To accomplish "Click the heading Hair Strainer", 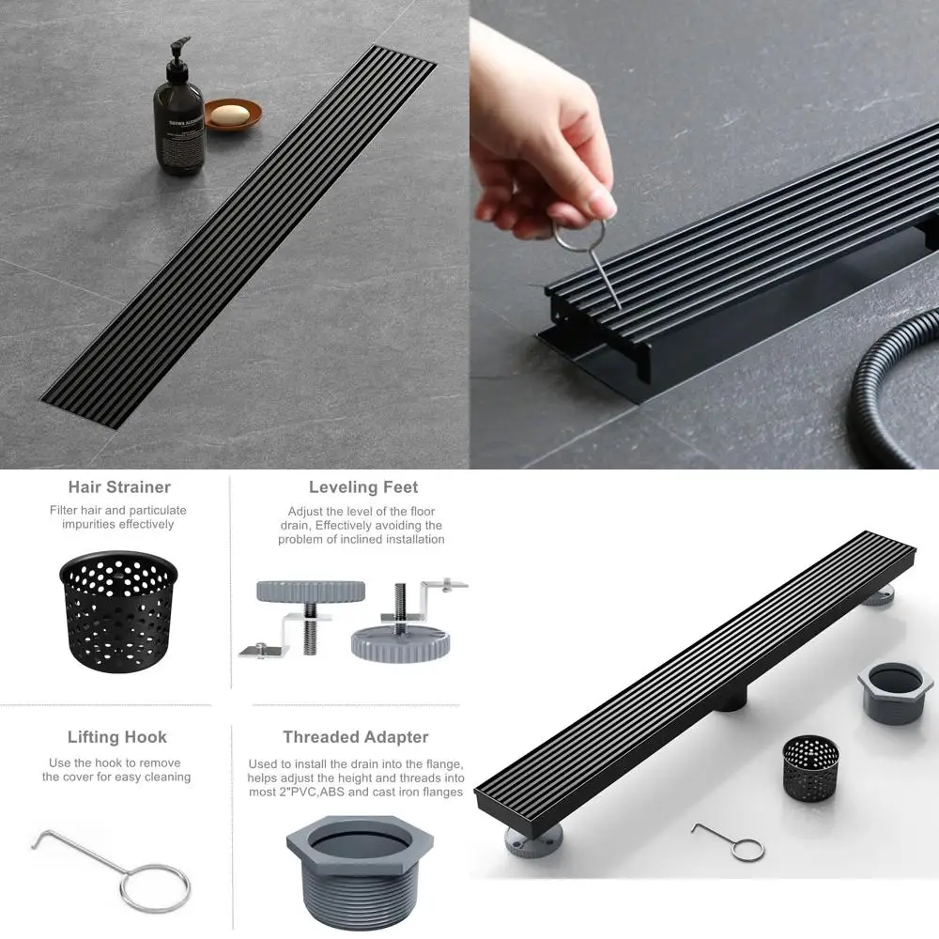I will pos(119,487).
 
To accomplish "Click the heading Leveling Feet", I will pos(362,487).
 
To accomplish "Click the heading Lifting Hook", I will pos(117,737).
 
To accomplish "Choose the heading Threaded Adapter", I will pos(355,737).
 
